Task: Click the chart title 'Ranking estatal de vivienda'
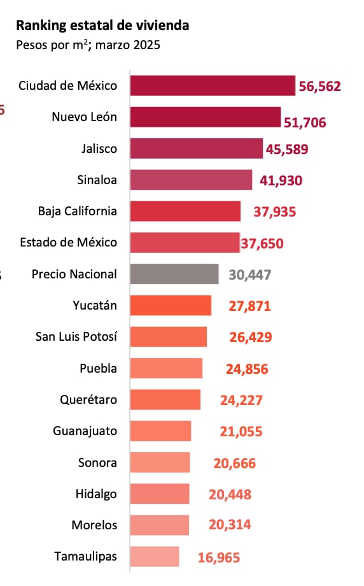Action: click(102, 25)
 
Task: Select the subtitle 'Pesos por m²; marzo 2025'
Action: click(88, 45)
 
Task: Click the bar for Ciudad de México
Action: click(213, 85)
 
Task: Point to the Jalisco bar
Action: click(196, 148)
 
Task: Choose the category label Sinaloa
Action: click(96, 180)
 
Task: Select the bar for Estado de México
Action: click(185, 243)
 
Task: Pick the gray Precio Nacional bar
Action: click(174, 274)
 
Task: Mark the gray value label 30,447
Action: click(250, 275)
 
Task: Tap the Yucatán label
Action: click(95, 305)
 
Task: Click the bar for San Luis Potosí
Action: click(169, 337)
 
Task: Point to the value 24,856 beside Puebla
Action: click(247, 369)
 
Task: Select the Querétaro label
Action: click(88, 399)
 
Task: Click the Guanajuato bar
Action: click(160, 431)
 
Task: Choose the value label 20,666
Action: click(235, 463)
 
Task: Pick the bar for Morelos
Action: click(160, 525)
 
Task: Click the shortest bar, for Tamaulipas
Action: click(155, 556)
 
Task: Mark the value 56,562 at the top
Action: click(320, 86)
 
